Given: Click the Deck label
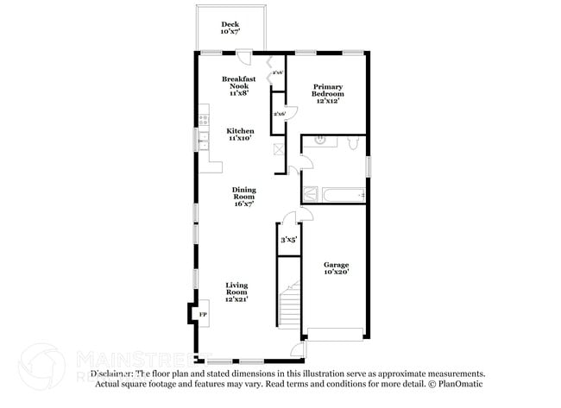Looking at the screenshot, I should [230, 28].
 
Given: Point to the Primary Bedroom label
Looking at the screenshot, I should [328, 93].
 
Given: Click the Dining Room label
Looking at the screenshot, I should [242, 197].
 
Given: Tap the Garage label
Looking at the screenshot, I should [336, 267].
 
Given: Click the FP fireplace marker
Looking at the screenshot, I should [203, 316].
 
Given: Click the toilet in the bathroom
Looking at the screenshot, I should [353, 143].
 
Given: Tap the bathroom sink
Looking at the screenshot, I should [319, 141].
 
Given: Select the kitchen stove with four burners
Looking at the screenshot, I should [204, 116].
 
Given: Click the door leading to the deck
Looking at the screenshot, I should [245, 57].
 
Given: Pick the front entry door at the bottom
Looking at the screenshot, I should [296, 351].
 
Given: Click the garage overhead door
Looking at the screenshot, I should [335, 335].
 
